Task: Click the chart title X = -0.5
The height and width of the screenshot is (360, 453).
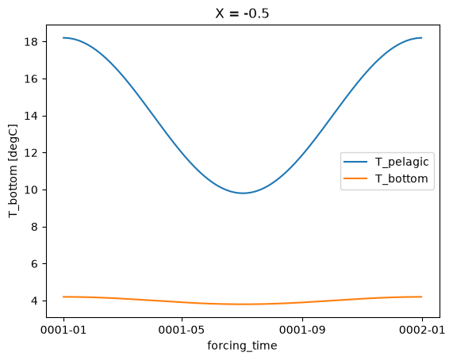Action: (x=242, y=13)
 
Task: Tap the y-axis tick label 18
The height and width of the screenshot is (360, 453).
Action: (x=31, y=42)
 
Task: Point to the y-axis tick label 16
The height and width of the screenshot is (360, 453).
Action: (x=31, y=79)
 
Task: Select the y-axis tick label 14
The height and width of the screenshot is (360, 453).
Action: (x=31, y=116)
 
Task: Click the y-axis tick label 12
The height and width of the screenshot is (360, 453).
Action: (x=31, y=153)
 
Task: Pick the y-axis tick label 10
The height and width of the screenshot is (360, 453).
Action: (x=31, y=190)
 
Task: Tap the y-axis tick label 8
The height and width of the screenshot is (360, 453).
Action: (x=35, y=227)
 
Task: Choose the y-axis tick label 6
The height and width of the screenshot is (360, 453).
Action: (x=35, y=264)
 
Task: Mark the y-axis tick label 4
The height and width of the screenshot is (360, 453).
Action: (x=35, y=301)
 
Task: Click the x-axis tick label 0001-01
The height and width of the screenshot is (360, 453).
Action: (x=63, y=329)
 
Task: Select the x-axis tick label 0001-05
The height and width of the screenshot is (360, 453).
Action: (x=182, y=329)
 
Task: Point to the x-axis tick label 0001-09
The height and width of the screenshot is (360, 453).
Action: (x=302, y=329)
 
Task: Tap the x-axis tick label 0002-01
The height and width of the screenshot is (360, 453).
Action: (x=422, y=329)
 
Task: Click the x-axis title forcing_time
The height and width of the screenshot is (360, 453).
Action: (x=242, y=346)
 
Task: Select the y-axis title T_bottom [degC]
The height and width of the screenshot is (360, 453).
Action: (x=13, y=171)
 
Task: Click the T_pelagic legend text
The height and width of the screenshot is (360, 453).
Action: (x=401, y=162)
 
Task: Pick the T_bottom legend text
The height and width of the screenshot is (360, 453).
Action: (x=401, y=178)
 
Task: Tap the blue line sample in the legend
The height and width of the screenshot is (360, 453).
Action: (x=355, y=162)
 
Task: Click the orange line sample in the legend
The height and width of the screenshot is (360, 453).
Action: (x=355, y=178)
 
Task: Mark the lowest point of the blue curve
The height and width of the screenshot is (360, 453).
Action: (x=243, y=193)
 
